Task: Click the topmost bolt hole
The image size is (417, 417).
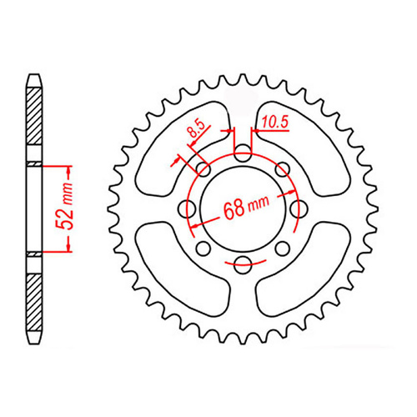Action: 243,153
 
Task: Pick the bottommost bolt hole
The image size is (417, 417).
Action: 243,265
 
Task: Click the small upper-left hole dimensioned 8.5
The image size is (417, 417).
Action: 203,169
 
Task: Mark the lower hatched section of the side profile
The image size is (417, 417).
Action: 33,296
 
